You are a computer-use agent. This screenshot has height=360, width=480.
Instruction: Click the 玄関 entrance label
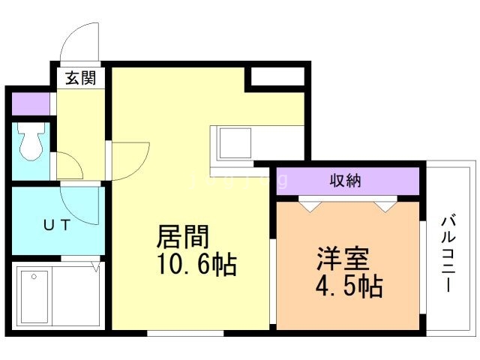81,78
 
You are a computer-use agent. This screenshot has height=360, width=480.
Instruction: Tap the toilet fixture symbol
31,141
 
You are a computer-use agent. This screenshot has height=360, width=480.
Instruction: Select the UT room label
57,225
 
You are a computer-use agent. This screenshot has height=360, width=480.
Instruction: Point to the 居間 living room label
183,236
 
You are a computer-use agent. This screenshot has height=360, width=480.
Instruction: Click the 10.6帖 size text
196,265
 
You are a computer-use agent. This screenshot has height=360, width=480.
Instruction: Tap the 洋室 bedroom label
343,259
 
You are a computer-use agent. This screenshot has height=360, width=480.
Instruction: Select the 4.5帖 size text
349,286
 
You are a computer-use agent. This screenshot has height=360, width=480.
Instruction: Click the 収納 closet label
345,181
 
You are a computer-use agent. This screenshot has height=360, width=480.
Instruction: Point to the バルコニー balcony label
448,253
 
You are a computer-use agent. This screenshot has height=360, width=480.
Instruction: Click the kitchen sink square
235,143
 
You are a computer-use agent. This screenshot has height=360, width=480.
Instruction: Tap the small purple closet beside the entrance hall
31,103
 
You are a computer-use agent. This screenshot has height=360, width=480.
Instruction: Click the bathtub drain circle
34,277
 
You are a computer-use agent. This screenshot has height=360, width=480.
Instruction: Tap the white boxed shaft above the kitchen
277,76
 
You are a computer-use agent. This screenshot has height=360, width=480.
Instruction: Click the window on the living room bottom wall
185,333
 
